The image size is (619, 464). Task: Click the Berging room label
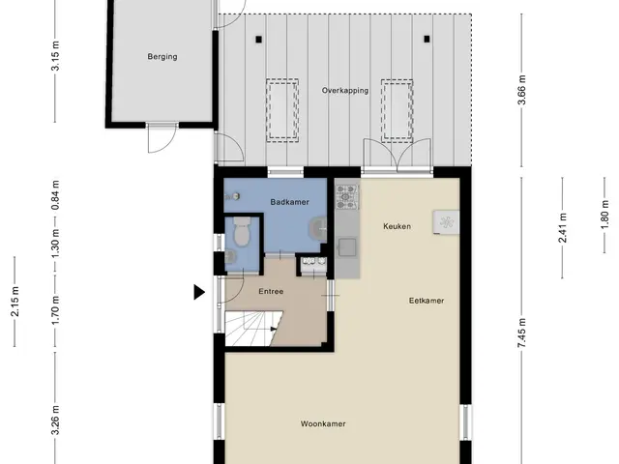coord(162,56)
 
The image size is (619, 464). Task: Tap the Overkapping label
coord(345,90)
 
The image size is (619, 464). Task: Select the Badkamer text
coord(290,202)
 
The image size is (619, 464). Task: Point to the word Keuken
coord(397,226)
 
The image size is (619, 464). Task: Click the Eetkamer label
coord(427,301)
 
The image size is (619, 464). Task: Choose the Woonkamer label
coord(323,423)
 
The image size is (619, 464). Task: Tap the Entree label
coord(271,292)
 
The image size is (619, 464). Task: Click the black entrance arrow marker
coord(199,292)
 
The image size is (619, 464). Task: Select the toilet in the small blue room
coord(242,231)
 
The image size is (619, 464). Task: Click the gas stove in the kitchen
coord(347,197)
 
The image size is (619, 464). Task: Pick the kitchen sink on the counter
coord(347,247)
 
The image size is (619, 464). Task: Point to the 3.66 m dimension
coord(521,90)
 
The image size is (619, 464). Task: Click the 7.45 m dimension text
coord(521,333)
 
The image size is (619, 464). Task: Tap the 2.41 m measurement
coord(563,228)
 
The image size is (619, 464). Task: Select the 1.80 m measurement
coord(604,215)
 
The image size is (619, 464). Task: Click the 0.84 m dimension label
coord(55,195)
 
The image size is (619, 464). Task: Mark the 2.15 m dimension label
coord(15,302)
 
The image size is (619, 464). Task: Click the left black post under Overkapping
coord(258,40)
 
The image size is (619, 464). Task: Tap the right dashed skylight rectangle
coord(397,111)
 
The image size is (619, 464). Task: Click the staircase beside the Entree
coord(251,329)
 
